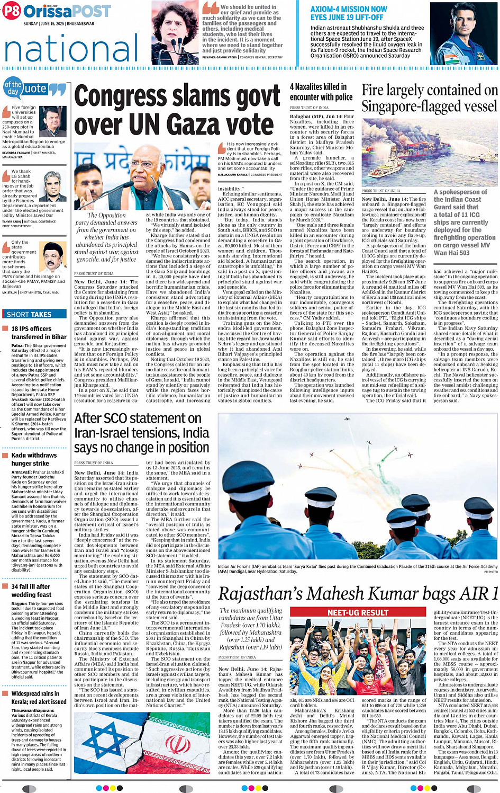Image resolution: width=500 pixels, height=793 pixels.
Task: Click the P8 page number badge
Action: point(12,11)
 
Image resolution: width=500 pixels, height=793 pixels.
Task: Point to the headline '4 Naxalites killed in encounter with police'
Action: point(321,92)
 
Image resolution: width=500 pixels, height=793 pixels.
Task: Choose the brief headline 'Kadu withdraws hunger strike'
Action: point(34,459)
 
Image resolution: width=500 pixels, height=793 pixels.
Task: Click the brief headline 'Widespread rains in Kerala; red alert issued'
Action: point(39,697)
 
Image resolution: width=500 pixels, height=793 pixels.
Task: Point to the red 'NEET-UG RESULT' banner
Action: point(358,612)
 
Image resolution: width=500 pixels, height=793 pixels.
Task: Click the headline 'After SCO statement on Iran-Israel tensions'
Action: point(142,433)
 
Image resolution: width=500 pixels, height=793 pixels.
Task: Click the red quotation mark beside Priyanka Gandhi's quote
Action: point(211,8)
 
